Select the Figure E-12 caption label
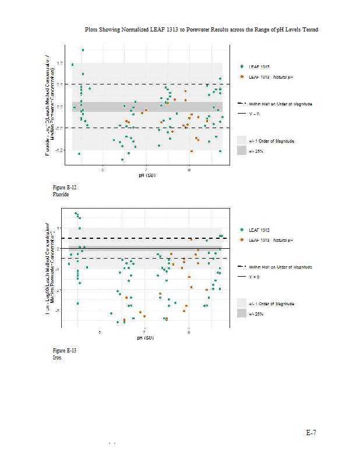coord(65,188)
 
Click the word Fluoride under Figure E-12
coord(61,194)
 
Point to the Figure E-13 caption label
coord(65,351)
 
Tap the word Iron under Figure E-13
coord(57,357)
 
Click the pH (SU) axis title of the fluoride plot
coord(146,175)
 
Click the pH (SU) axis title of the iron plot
coord(146,338)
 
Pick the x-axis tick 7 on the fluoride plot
coord(146,170)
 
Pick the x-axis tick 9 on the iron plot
coord(189,333)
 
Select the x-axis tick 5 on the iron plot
coord(100,333)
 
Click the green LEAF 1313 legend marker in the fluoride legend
coord(242,66)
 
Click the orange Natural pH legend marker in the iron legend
coord(242,239)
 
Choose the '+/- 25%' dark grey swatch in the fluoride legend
coord(242,151)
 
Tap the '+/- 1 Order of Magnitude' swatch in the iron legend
coord(242,303)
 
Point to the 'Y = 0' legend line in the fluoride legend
coord(242,113)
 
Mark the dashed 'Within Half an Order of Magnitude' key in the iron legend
coord(242,266)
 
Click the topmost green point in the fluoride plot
coord(83,50)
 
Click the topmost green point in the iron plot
coord(76,213)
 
